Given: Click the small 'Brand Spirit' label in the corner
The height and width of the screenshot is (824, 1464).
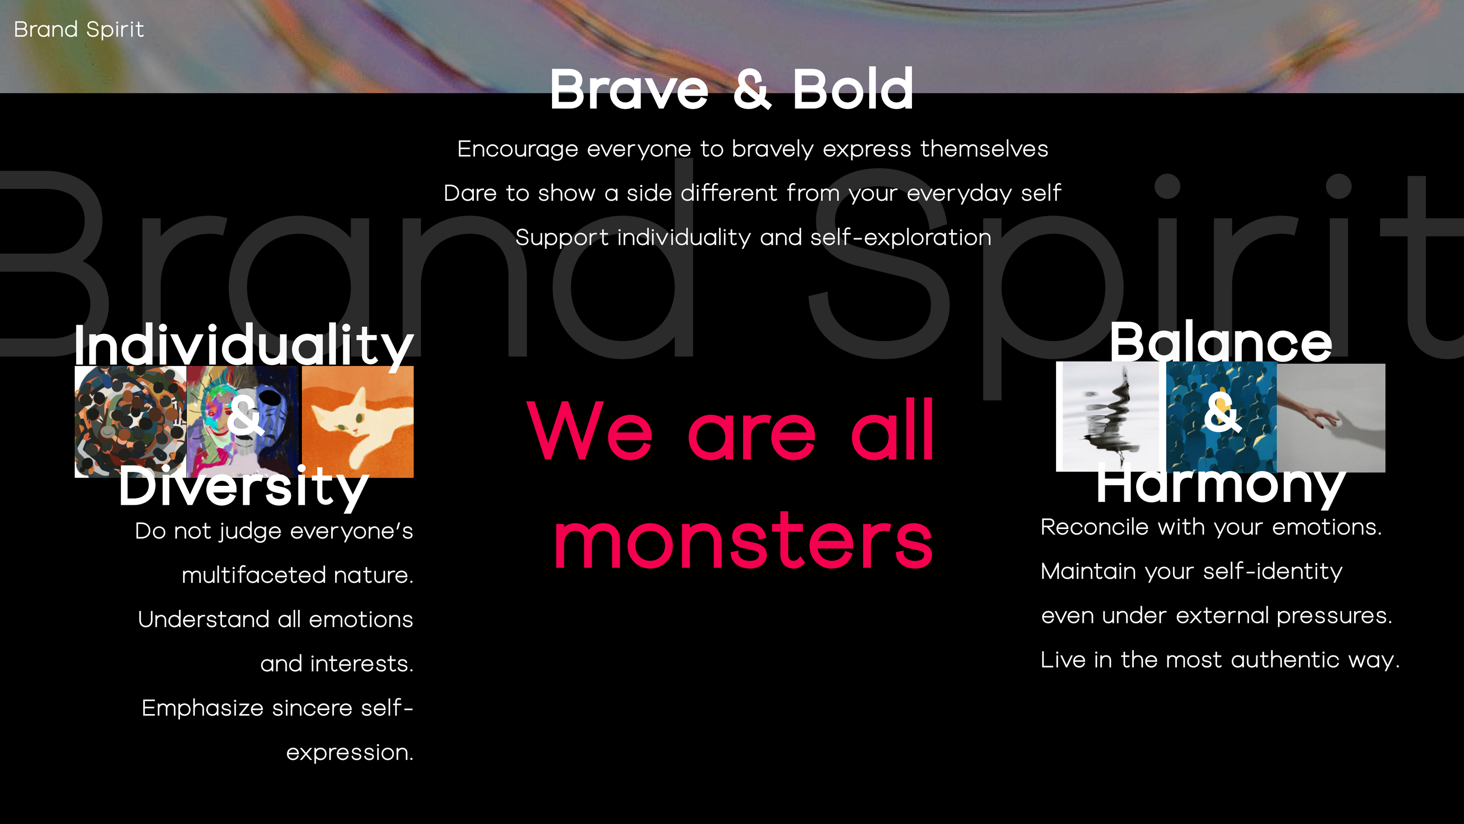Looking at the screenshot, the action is pyautogui.click(x=79, y=29).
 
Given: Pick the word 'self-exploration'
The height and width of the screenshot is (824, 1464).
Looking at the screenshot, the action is pyautogui.click(x=901, y=238).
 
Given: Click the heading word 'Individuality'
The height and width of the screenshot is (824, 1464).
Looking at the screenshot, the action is pyautogui.click(x=244, y=345).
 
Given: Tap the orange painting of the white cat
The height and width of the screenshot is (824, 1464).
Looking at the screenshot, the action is pyautogui.click(x=358, y=421).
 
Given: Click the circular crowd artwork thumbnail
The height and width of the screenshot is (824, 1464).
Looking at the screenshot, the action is pyautogui.click(x=131, y=421).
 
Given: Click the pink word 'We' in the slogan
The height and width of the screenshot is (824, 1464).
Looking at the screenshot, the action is pyautogui.click(x=589, y=430).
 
